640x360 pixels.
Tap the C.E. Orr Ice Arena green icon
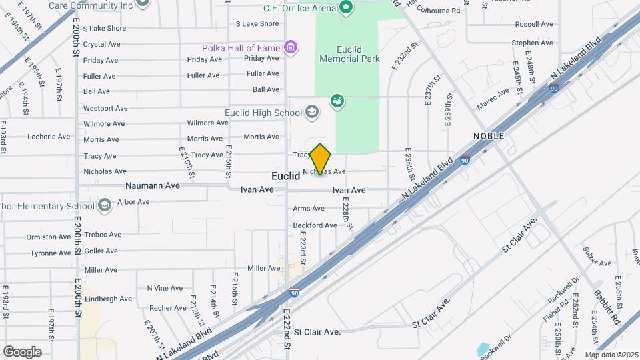(x=345, y=8)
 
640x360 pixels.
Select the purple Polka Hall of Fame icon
(x=289, y=47)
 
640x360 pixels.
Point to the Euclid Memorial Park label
(x=349, y=53)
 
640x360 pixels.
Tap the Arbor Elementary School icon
(x=103, y=205)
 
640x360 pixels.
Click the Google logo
(x=22, y=351)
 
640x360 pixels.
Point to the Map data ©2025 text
(x=612, y=355)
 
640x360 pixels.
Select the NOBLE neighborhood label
(x=489, y=136)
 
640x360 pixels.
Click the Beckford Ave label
(x=315, y=225)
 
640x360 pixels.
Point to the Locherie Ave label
(x=49, y=137)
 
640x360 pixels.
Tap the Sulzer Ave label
(x=597, y=263)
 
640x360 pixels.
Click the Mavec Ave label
(x=493, y=105)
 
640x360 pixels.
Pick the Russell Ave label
(x=534, y=24)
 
